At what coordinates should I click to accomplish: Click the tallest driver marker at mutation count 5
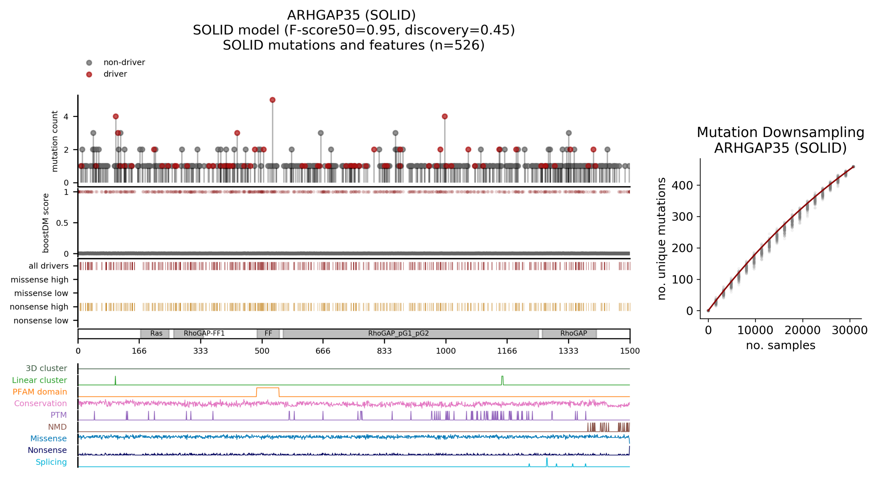(272, 100)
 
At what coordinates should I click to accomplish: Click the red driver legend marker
(89, 74)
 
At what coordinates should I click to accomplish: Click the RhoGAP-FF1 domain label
(204, 333)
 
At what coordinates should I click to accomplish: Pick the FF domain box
(268, 333)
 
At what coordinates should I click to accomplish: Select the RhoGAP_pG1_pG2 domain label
(398, 333)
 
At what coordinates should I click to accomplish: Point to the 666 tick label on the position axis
(323, 351)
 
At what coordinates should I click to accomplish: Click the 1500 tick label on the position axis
(629, 351)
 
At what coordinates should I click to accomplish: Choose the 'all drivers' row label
(49, 266)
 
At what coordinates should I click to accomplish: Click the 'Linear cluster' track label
(39, 380)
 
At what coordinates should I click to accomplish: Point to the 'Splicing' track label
(51, 462)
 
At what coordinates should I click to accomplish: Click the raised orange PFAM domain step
(268, 388)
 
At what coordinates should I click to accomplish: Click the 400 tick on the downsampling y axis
(682, 186)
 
